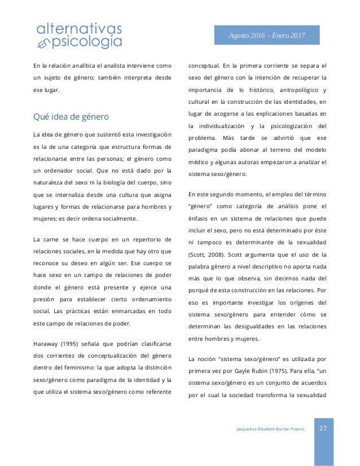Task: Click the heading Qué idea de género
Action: click(71, 117)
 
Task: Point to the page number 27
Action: click(324, 428)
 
